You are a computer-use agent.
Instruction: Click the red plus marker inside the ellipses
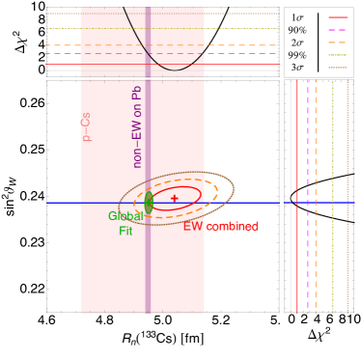pos(175,198)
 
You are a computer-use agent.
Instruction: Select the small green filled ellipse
pos(149,202)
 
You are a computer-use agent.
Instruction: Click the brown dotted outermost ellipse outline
pos(233,188)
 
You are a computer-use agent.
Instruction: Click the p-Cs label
pos(86,125)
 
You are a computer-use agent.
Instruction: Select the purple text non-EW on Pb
pos(137,126)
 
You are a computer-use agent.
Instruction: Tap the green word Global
pos(125,216)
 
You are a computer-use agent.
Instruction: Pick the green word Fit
pos(125,231)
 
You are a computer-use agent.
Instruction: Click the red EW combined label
pos(220,227)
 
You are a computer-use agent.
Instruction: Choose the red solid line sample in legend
pos(338,17)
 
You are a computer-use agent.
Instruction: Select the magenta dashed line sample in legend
pos(338,30)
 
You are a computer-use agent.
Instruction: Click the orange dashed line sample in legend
pos(338,42)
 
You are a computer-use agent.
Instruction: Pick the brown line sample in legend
pos(338,68)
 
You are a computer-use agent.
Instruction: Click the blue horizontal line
pos(241,203)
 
